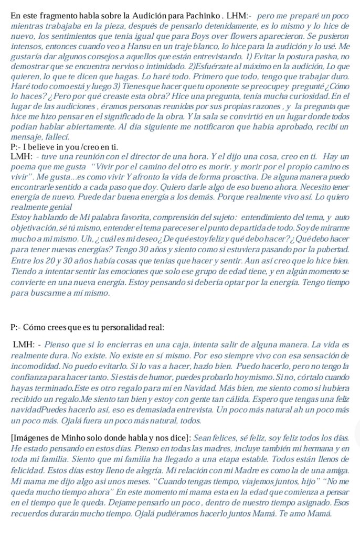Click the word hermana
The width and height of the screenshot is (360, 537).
(x=313, y=448)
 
